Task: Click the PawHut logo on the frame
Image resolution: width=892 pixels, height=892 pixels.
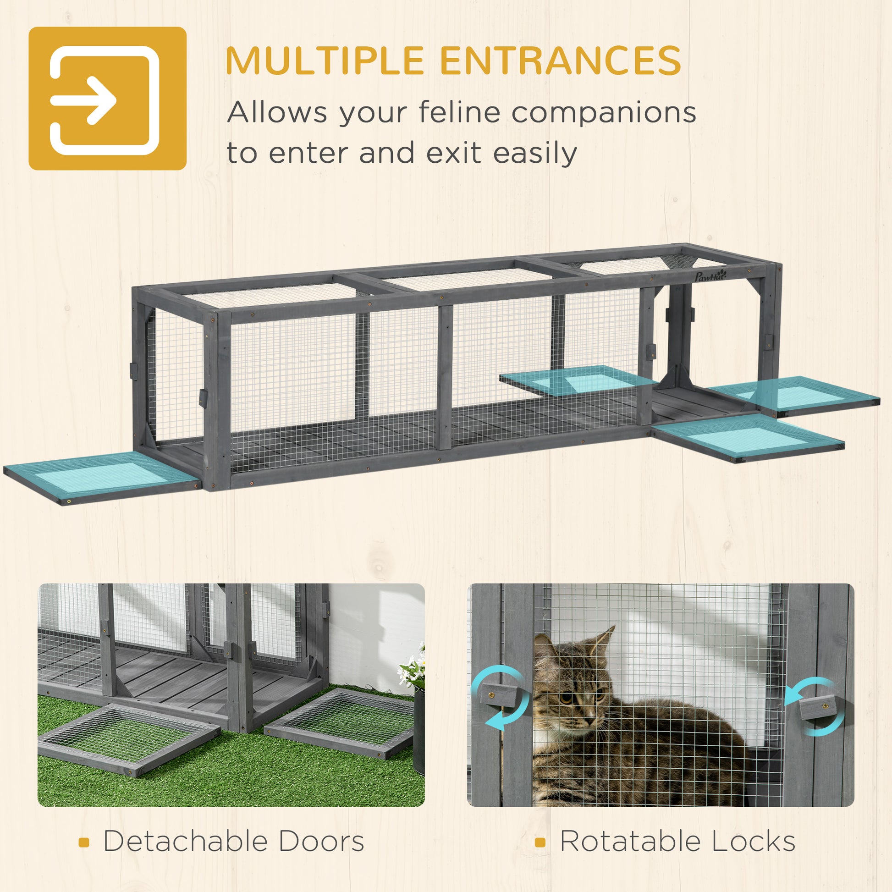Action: (711, 276)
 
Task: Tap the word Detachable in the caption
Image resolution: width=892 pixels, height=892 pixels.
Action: (185, 841)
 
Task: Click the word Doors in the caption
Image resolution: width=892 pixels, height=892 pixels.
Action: (321, 841)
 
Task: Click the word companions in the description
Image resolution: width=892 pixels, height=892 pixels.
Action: (604, 113)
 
